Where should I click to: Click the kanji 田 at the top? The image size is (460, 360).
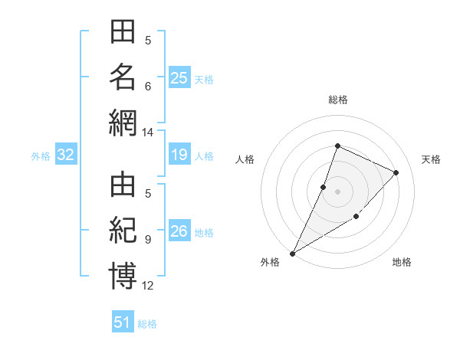[x=123, y=31]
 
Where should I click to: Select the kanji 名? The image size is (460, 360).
[x=123, y=77]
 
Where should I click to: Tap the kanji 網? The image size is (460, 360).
[x=123, y=123]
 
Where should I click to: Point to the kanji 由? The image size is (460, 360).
[x=123, y=185]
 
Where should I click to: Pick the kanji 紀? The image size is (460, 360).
[x=123, y=231]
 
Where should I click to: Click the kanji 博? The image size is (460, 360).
[x=123, y=276]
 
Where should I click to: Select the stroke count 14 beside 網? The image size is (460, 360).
[x=147, y=133]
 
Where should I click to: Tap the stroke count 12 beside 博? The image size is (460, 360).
[x=147, y=286]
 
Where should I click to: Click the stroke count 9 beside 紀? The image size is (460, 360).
[x=148, y=240]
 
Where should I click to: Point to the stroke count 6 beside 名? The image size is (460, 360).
[x=148, y=87]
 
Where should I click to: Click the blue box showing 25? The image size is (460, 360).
[x=179, y=77]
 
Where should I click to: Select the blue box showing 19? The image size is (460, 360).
[x=179, y=154]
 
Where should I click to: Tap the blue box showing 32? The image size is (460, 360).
[x=66, y=154]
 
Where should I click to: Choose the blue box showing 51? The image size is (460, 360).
[x=123, y=321]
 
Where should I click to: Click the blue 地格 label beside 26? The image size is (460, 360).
[x=204, y=233]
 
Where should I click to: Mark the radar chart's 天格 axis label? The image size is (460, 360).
[x=431, y=159]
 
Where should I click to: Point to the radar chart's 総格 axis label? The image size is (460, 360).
[x=338, y=100]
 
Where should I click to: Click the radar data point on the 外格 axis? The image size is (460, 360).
[x=293, y=254]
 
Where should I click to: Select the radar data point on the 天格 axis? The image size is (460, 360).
[x=396, y=172]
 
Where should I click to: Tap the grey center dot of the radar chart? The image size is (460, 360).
[x=337, y=191]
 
